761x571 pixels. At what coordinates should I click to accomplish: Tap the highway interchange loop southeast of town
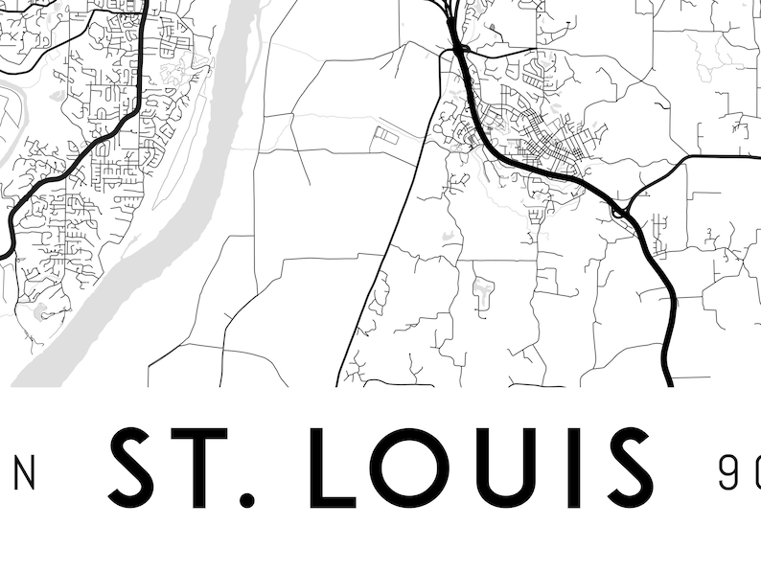point(621,210)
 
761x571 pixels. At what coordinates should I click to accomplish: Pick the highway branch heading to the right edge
point(719,155)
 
